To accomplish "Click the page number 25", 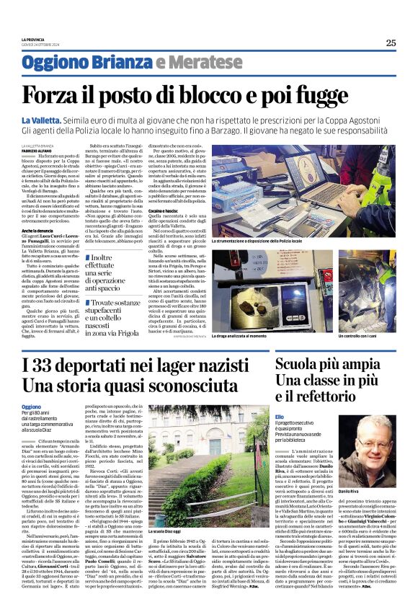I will click(390, 43).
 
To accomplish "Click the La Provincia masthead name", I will click(34, 38).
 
